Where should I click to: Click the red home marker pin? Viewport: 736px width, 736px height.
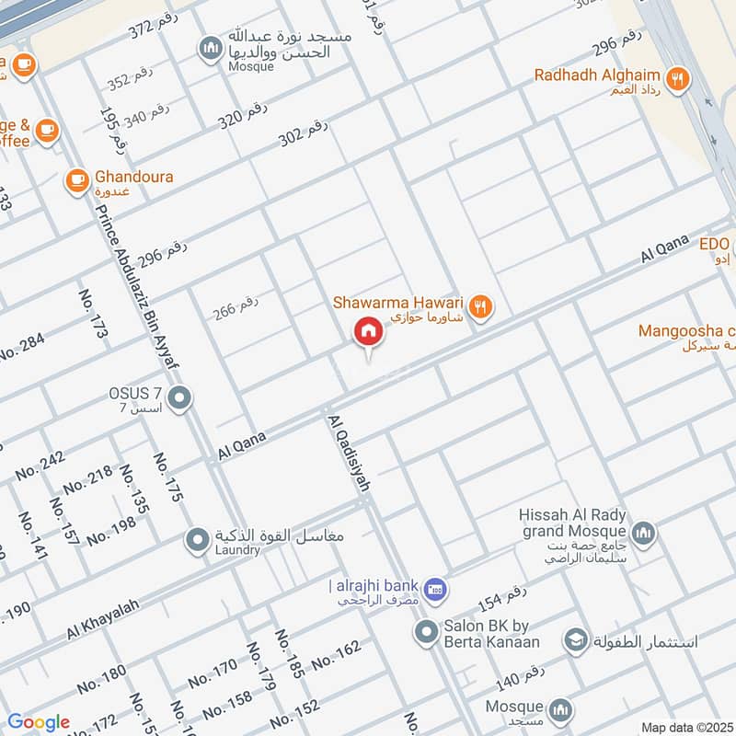pyautogui.click(x=369, y=332)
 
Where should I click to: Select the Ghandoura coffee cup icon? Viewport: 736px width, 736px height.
pyautogui.click(x=77, y=180)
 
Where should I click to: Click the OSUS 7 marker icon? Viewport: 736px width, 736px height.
pyautogui.click(x=180, y=398)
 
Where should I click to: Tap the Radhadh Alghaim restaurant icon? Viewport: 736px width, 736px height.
pyautogui.click(x=677, y=79)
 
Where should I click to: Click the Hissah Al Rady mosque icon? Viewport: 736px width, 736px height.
pyautogui.click(x=642, y=532)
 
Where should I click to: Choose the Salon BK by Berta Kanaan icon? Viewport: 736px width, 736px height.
pyautogui.click(x=425, y=632)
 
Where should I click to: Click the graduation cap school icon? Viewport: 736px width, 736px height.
pyautogui.click(x=577, y=639)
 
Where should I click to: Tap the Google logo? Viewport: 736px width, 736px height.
pyautogui.click(x=39, y=723)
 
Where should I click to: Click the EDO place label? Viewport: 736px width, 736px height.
pyautogui.click(x=714, y=244)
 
